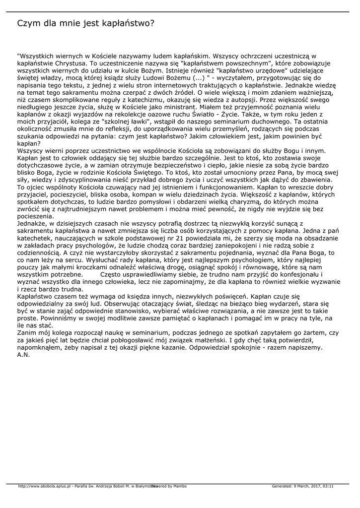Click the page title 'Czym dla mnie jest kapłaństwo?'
point(86,23)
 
